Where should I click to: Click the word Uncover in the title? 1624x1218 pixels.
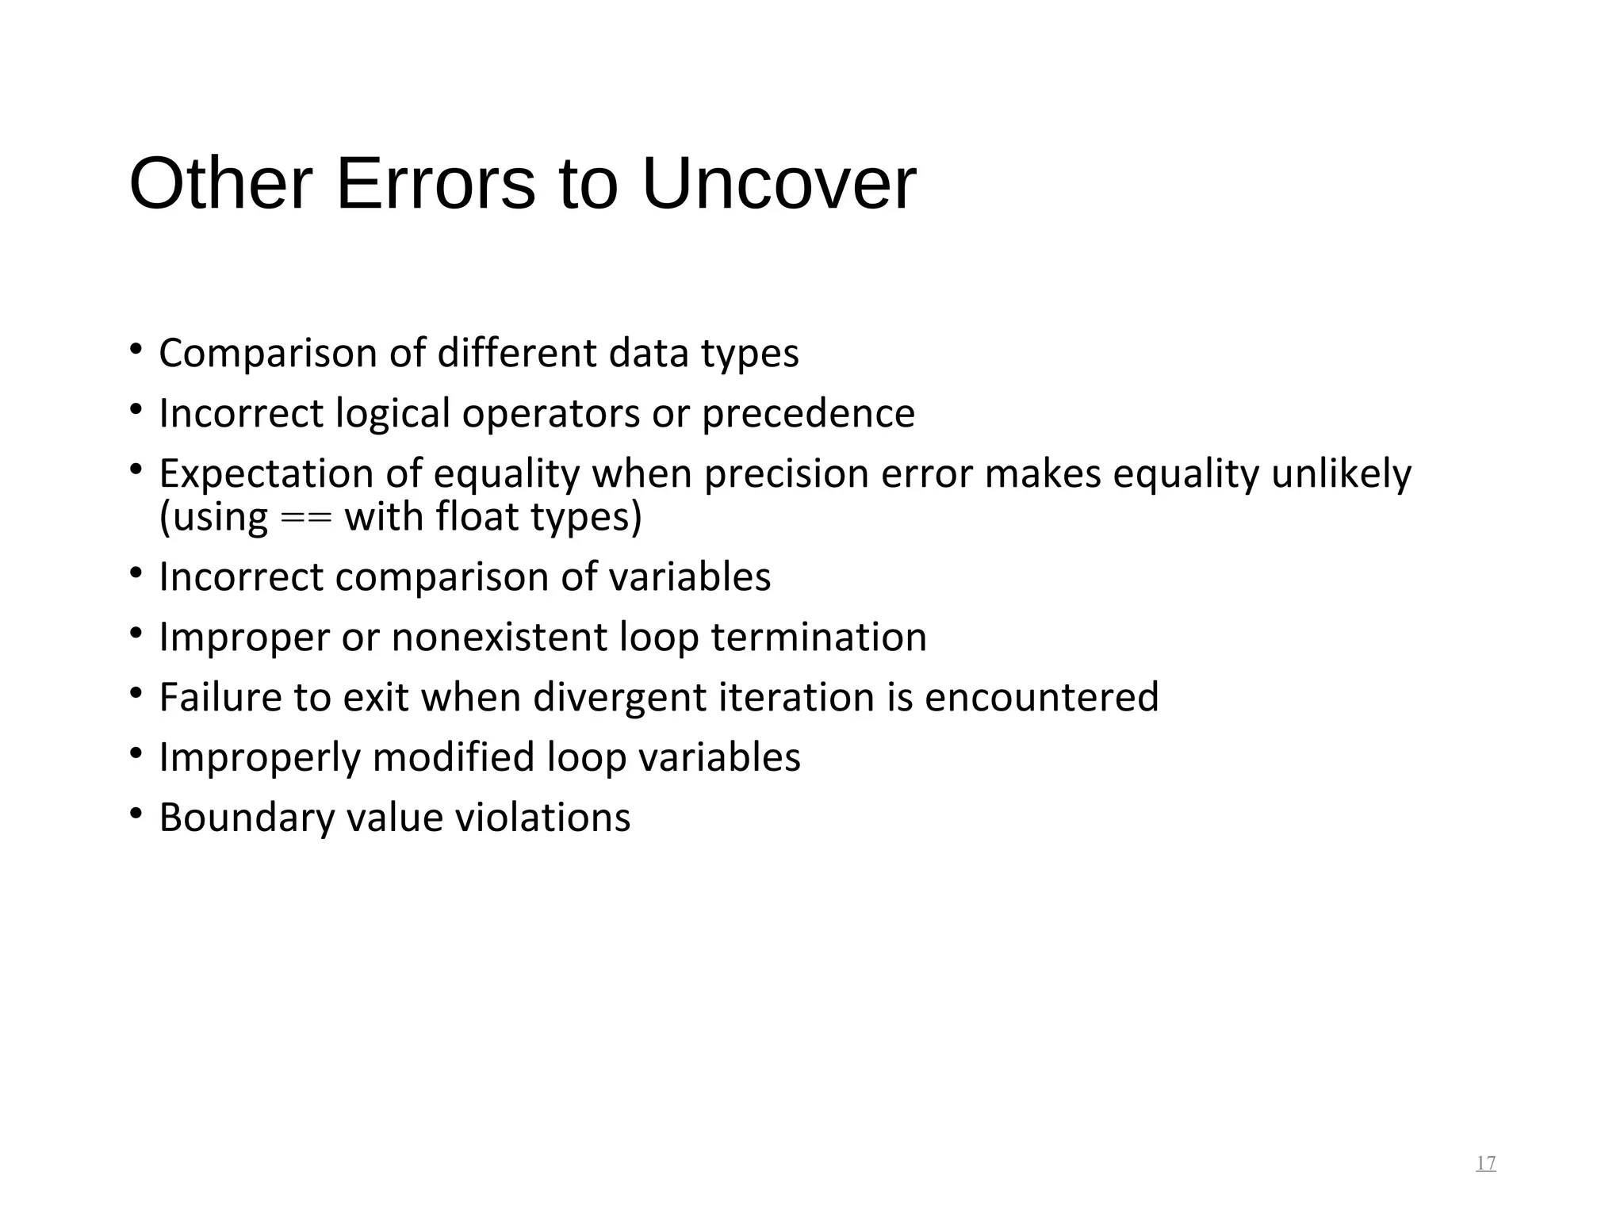778,185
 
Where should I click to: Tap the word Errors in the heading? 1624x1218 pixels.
435,185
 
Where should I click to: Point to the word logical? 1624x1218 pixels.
393,413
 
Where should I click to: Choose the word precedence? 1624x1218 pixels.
808,413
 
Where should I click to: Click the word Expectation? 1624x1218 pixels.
266,473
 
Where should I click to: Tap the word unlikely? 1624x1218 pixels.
1341,473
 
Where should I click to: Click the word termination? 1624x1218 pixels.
818,637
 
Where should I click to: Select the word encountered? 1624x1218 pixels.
1041,697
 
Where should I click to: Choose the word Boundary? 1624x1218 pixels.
247,818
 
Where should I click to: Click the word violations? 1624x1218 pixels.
542,818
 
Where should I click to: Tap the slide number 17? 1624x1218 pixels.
1485,1163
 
